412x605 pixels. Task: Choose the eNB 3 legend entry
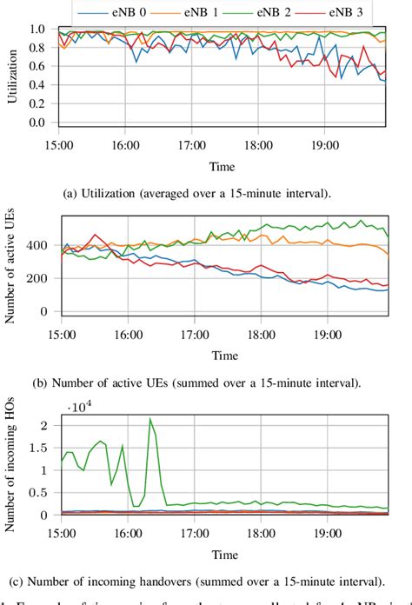pyautogui.click(x=339, y=13)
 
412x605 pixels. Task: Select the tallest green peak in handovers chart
pyautogui.click(x=150, y=419)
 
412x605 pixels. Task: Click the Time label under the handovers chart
pyautogui.click(x=225, y=553)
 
